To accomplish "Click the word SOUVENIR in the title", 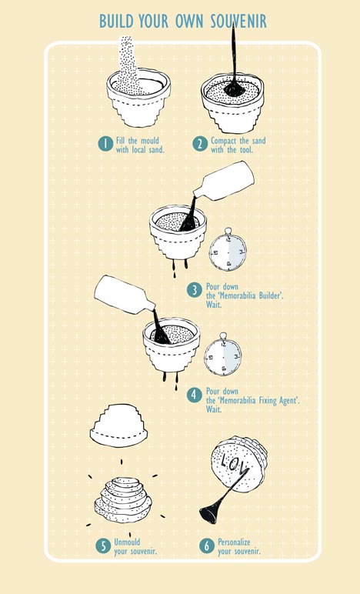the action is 238,22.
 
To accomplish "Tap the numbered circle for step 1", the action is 105,144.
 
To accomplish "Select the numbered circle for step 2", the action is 200,144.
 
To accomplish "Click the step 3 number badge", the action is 194,290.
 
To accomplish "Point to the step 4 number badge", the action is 194,395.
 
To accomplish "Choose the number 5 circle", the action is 103,546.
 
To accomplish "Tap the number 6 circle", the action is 207,546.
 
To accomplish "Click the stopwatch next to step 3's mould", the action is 228,249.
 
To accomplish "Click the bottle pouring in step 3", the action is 224,181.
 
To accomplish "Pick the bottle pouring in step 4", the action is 124,295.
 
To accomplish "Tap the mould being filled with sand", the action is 138,98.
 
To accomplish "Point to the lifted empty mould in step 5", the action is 119,425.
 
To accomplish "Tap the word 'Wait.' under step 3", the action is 214,304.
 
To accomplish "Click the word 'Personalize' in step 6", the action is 234,542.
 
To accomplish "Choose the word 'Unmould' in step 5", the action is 127,542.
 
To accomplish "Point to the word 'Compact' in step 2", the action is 223,141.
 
